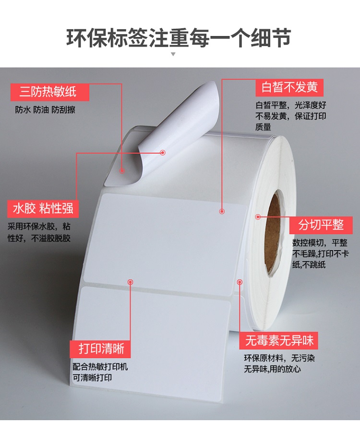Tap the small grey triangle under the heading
click(x=173, y=54)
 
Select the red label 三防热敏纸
click(x=50, y=92)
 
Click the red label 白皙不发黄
click(x=289, y=87)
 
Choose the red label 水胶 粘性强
click(x=43, y=208)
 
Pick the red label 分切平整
click(x=321, y=225)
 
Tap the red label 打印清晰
click(x=100, y=349)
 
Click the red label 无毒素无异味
click(x=279, y=340)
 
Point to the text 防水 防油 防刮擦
click(x=45, y=110)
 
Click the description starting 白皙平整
click(x=291, y=116)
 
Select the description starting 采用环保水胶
click(x=39, y=232)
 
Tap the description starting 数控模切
click(x=321, y=254)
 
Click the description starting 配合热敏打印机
click(x=100, y=372)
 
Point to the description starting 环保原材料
click(x=279, y=363)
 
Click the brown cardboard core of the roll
click(x=272, y=234)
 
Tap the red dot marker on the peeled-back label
click(x=163, y=153)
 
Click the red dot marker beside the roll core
click(x=258, y=217)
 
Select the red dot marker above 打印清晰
click(x=131, y=282)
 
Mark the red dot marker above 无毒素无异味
click(x=240, y=282)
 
